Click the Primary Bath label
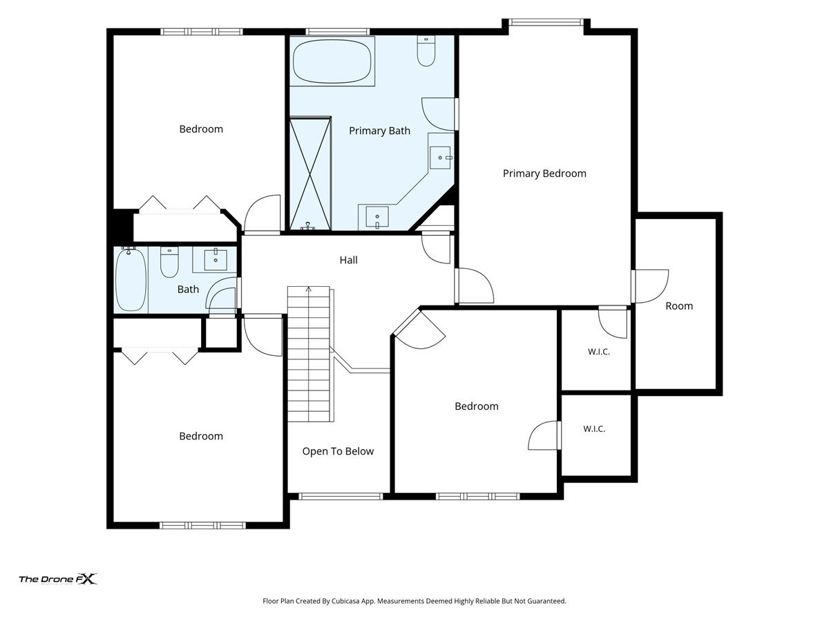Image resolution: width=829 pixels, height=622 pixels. [x=379, y=131]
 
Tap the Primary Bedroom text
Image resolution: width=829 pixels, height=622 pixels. [x=544, y=173]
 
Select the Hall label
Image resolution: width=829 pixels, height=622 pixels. [x=348, y=260]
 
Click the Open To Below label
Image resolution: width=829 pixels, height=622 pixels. [x=338, y=451]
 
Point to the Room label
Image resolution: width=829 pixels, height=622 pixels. [x=678, y=306]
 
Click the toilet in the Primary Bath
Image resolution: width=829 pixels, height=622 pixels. [x=426, y=50]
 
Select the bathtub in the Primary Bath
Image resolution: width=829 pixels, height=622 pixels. [x=332, y=61]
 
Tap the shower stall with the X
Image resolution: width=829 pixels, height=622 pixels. [x=310, y=173]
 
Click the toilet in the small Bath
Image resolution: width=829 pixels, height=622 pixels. [x=169, y=262]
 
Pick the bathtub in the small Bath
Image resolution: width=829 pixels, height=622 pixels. [x=131, y=279]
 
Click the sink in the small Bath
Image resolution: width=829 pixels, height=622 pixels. [x=216, y=259]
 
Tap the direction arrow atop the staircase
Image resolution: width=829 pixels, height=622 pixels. [x=309, y=290]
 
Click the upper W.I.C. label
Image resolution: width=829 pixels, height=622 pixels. [x=599, y=352]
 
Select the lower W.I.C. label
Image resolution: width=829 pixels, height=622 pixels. [x=594, y=428]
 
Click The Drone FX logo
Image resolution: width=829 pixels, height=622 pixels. [x=58, y=579]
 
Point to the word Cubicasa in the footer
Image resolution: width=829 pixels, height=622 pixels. [x=345, y=601]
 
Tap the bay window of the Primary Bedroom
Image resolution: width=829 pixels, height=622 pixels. [x=546, y=22]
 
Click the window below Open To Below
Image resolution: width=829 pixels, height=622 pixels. [x=341, y=496]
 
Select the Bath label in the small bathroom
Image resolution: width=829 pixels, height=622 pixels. [x=188, y=290]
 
